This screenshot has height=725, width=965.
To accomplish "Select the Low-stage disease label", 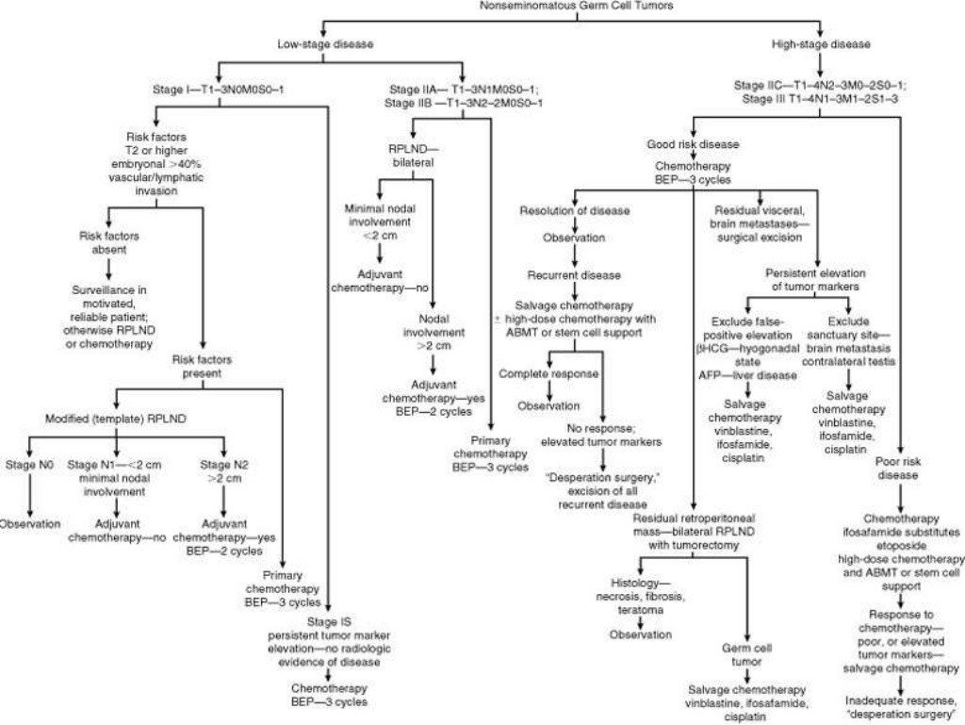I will click(x=325, y=43).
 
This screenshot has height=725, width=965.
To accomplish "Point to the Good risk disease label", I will click(x=693, y=144).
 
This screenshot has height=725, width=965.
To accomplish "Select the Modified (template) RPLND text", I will click(x=114, y=418).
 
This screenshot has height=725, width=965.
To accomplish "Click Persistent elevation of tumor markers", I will click(x=814, y=279).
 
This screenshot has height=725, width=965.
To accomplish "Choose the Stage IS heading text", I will click(x=327, y=623).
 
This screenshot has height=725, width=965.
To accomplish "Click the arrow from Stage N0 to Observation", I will click(x=26, y=493).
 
